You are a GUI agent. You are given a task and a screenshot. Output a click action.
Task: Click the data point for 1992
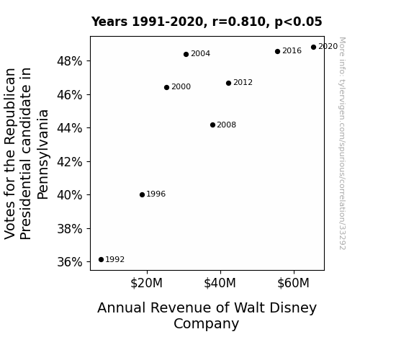101,260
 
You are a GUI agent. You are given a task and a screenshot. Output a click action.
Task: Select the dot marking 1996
142,194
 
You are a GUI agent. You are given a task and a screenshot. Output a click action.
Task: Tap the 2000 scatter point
166,87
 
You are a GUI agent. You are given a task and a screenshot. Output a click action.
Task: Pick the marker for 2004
186,55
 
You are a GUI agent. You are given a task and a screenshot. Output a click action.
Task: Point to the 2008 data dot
213,125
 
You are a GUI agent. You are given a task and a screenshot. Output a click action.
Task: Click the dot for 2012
229,84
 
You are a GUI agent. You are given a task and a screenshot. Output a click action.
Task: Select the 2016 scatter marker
277,52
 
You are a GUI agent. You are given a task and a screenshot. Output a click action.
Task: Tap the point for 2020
313,48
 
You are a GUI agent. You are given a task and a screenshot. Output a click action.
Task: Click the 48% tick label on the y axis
70,61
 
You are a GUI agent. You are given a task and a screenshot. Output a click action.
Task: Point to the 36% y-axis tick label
70,262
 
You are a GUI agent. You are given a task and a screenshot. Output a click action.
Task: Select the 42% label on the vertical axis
70,162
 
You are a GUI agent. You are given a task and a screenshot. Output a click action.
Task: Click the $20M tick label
147,283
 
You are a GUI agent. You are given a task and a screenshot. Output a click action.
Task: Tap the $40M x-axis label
220,283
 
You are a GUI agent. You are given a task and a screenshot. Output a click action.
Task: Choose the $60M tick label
293,283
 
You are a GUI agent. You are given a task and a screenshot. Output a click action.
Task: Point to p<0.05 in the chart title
298,22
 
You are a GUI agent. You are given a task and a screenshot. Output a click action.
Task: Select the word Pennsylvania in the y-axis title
42,155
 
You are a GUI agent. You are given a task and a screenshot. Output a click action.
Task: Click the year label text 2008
227,125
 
